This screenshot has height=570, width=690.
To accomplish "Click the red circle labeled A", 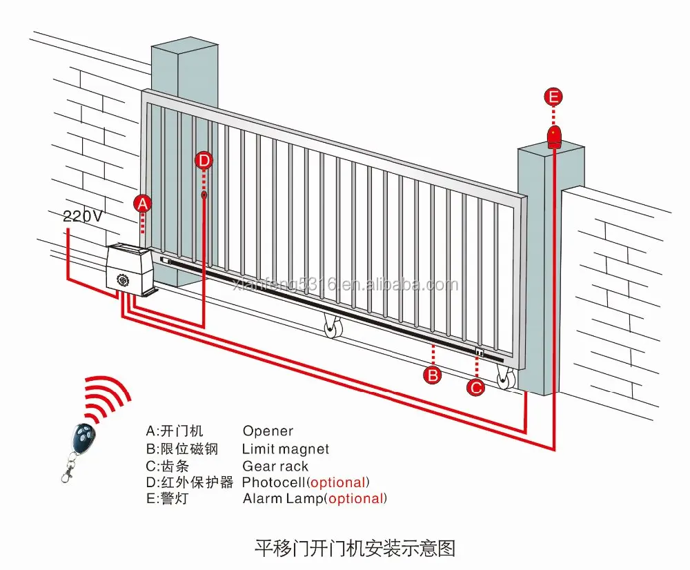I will coord(141,203).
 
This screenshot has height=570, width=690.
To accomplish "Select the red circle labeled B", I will coord(432,375).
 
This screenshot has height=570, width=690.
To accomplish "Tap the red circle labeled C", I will coord(476,387).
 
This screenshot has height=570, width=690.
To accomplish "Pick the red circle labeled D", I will coord(204,161).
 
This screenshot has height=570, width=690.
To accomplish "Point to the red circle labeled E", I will coord(553,97).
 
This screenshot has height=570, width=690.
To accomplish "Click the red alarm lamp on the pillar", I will coord(553,137).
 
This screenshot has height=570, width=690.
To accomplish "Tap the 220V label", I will coord(82,215).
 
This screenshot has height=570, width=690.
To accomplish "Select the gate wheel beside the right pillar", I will coord(506,377).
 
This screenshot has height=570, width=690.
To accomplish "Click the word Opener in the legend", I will coord(268,431).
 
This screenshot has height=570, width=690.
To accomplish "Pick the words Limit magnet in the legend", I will coord(286,449).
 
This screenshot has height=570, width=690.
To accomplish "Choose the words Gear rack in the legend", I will coord(275,466).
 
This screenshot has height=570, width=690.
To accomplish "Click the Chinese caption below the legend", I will coord(355,549).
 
